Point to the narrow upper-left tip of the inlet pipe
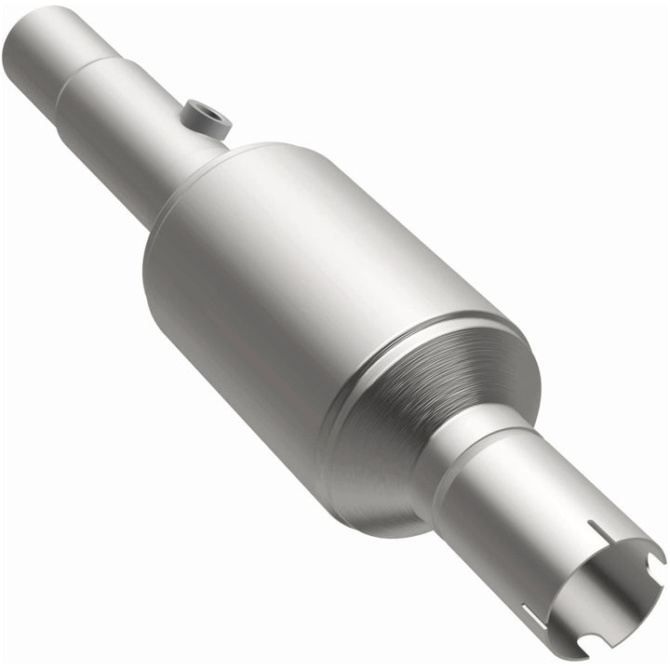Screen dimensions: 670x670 tap(37, 28)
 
